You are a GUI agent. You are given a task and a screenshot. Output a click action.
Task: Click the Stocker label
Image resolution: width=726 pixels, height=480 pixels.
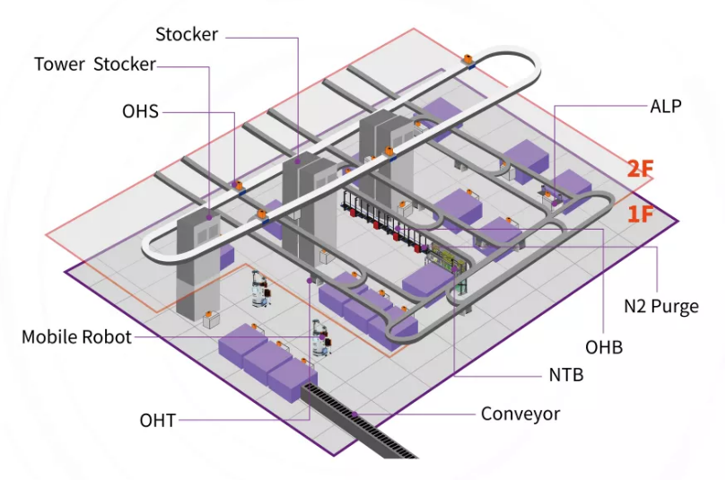coord(187,35)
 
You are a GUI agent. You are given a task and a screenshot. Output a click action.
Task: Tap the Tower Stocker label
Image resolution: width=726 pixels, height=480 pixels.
coord(95,65)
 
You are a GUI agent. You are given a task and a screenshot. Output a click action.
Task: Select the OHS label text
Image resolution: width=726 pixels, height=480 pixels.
coord(140,111)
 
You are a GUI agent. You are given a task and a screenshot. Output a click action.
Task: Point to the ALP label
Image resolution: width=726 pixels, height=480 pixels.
coord(666,106)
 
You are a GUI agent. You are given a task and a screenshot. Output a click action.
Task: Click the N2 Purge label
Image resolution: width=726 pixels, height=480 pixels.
coord(661,307)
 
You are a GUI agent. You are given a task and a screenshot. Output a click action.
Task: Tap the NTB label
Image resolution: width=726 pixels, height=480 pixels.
coord(565,375)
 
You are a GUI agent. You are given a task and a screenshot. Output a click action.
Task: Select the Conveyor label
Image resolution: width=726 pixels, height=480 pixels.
coord(520,414)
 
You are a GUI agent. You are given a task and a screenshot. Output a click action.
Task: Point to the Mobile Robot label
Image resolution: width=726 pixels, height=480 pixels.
coord(76,337)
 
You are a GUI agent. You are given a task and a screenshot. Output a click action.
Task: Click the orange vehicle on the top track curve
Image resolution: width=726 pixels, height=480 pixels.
coord(468,61)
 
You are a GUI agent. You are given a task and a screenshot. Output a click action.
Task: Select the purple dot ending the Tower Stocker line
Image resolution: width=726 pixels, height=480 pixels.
coord(209,216)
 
